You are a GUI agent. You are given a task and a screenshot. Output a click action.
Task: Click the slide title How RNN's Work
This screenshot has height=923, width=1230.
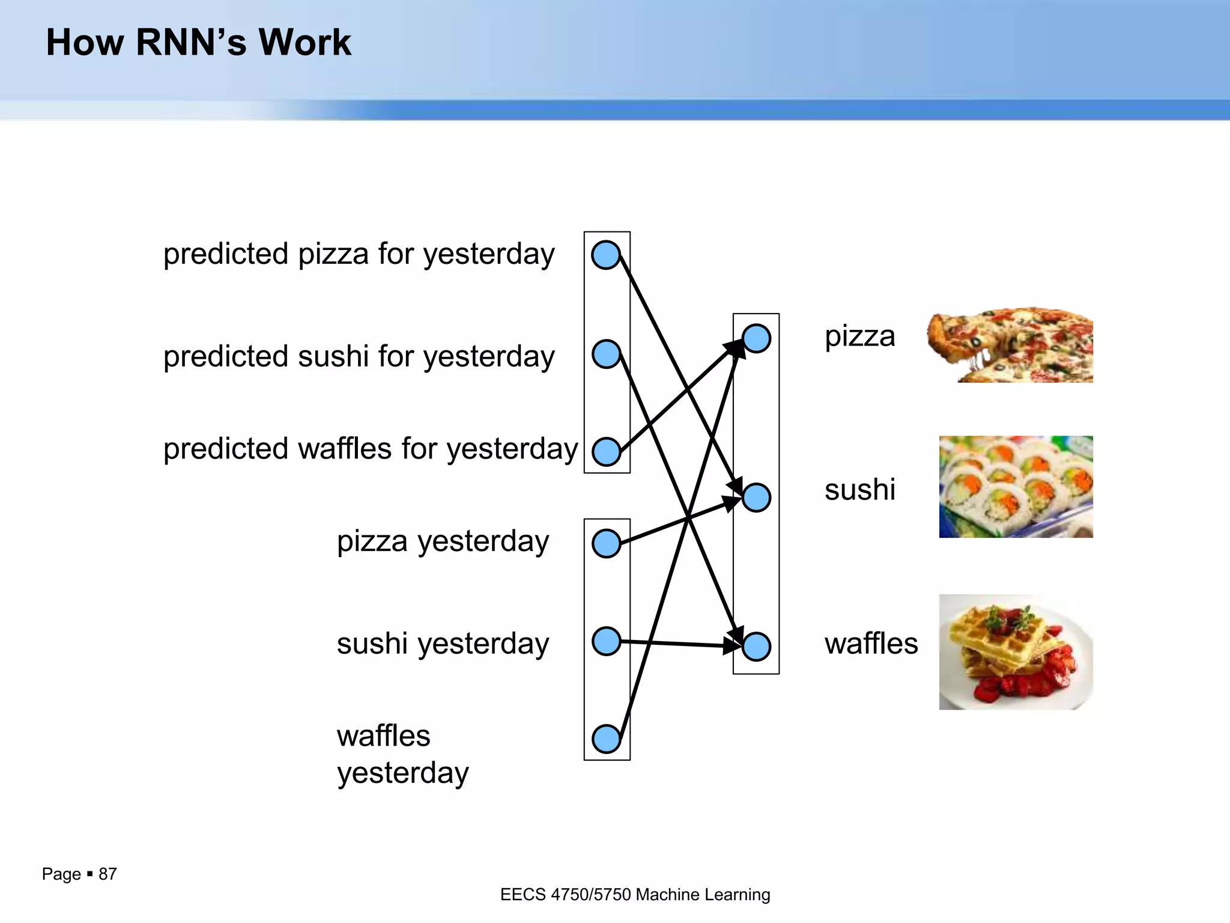(x=198, y=43)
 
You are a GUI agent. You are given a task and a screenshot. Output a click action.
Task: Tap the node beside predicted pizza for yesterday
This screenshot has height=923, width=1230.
(x=605, y=255)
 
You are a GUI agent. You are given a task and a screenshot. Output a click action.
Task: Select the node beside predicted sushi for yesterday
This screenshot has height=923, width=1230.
(x=606, y=353)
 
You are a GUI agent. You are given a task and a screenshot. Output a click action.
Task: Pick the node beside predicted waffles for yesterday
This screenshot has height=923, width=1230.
(x=606, y=452)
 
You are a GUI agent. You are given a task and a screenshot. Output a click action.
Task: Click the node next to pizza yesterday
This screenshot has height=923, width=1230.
(x=606, y=543)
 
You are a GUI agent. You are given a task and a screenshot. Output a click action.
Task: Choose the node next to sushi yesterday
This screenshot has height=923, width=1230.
(x=606, y=641)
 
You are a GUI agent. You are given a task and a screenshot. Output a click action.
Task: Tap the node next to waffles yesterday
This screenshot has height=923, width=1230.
(x=606, y=739)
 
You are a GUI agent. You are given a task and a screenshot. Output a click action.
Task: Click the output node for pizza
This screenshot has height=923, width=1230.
(x=756, y=338)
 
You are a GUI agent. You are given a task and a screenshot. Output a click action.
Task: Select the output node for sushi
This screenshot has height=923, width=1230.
(x=756, y=498)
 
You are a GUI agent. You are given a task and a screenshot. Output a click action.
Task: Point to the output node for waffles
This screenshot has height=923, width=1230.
(x=756, y=647)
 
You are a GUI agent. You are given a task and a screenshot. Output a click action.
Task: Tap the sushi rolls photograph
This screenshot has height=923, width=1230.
(x=1016, y=487)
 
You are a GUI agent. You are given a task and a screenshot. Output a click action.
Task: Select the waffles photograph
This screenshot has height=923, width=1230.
(x=1016, y=652)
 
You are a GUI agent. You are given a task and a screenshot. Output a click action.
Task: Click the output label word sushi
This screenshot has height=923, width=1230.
(x=859, y=490)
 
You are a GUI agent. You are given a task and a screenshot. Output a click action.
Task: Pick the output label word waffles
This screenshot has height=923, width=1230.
(x=871, y=644)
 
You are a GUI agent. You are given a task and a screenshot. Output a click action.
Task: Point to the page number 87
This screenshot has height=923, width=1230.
(x=108, y=874)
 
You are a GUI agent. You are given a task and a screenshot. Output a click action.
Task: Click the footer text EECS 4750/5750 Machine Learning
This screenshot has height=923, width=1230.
(x=635, y=895)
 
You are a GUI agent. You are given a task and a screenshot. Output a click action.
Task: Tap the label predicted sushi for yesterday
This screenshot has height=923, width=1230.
(x=359, y=356)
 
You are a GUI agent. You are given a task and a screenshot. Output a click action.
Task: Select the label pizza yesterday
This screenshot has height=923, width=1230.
(x=443, y=541)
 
